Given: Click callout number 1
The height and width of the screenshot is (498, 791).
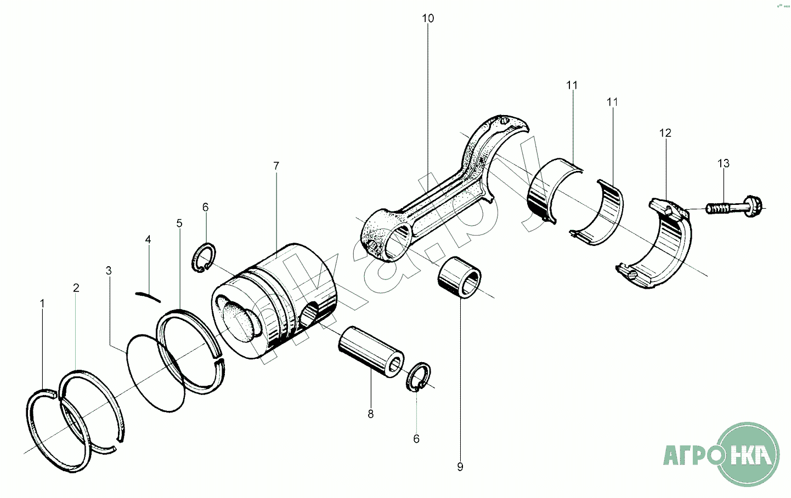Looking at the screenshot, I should [42, 303].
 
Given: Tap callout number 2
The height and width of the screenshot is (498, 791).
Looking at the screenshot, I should [76, 288].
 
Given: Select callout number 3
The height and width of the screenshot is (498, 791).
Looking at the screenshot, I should [109, 271].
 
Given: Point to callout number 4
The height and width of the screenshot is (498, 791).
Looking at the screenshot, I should [148, 239].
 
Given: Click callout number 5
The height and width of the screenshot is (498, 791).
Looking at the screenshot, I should [179, 223].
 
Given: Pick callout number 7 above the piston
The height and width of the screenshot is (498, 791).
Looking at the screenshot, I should [276, 165].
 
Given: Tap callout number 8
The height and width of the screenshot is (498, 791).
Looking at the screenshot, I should [371, 414].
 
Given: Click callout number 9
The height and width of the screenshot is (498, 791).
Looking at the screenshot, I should [460, 467].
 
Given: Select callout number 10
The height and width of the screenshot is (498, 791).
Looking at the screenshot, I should [428, 18].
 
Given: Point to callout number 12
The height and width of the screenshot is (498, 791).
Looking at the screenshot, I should [665, 133].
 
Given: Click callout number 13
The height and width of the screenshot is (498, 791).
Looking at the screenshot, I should [724, 163].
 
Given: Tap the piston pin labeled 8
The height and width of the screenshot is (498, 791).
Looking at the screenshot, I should [371, 351].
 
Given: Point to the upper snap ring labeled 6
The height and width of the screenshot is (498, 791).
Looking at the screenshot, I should [204, 257].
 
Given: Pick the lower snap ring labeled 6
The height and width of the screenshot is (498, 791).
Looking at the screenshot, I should [419, 377].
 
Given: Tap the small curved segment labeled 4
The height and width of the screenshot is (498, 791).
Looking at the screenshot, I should [148, 296].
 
